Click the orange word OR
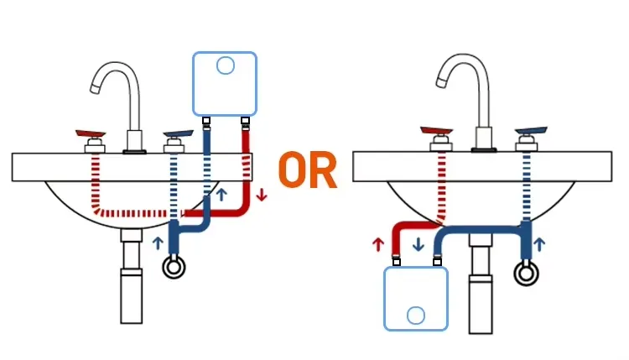click(x=308, y=170)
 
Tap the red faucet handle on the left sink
click(x=91, y=133)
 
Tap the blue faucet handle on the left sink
click(x=178, y=134)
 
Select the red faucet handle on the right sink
click(x=436, y=131)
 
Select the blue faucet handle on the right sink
click(x=531, y=131)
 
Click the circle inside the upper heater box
click(x=225, y=65)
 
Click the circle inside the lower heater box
click(x=416, y=316)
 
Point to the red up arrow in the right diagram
click(x=378, y=244)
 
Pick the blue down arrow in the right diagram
click(x=418, y=244)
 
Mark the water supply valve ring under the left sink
click(x=174, y=267)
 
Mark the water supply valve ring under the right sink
click(x=526, y=274)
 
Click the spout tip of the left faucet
click(x=95, y=89)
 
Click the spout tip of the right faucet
click(x=441, y=82)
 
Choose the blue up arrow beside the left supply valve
click(x=159, y=243)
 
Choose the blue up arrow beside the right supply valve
click(x=539, y=244)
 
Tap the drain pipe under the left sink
click(x=131, y=276)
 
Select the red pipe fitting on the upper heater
click(x=245, y=120)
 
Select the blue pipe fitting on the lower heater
click(x=437, y=262)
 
